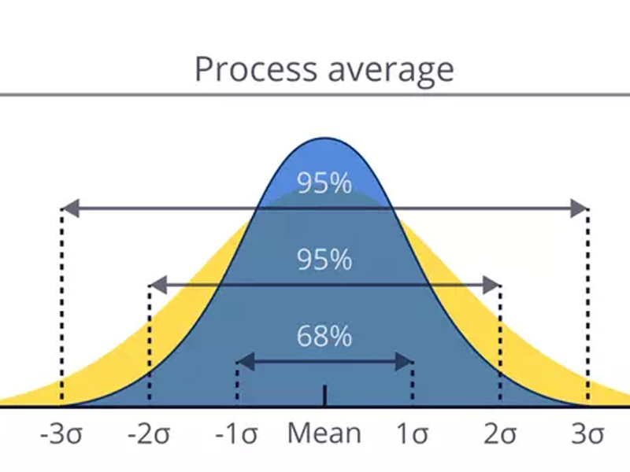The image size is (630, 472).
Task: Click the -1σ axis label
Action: click(x=237, y=434)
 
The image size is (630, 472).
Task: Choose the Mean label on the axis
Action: click(x=324, y=433)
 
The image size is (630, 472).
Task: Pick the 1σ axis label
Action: click(x=413, y=434)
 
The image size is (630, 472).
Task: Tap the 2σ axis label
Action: click(x=501, y=434)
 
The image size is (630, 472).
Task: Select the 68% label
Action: click(x=324, y=336)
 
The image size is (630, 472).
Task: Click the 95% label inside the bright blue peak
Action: click(x=324, y=183)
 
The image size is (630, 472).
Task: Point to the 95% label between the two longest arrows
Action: click(x=324, y=260)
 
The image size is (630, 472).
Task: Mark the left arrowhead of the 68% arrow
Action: click(x=244, y=362)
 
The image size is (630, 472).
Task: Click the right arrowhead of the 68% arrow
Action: click(x=406, y=362)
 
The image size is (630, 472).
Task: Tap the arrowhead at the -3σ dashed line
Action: click(x=69, y=209)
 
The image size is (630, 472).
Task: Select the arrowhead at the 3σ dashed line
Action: click(x=580, y=209)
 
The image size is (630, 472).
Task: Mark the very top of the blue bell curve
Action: click(x=324, y=138)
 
